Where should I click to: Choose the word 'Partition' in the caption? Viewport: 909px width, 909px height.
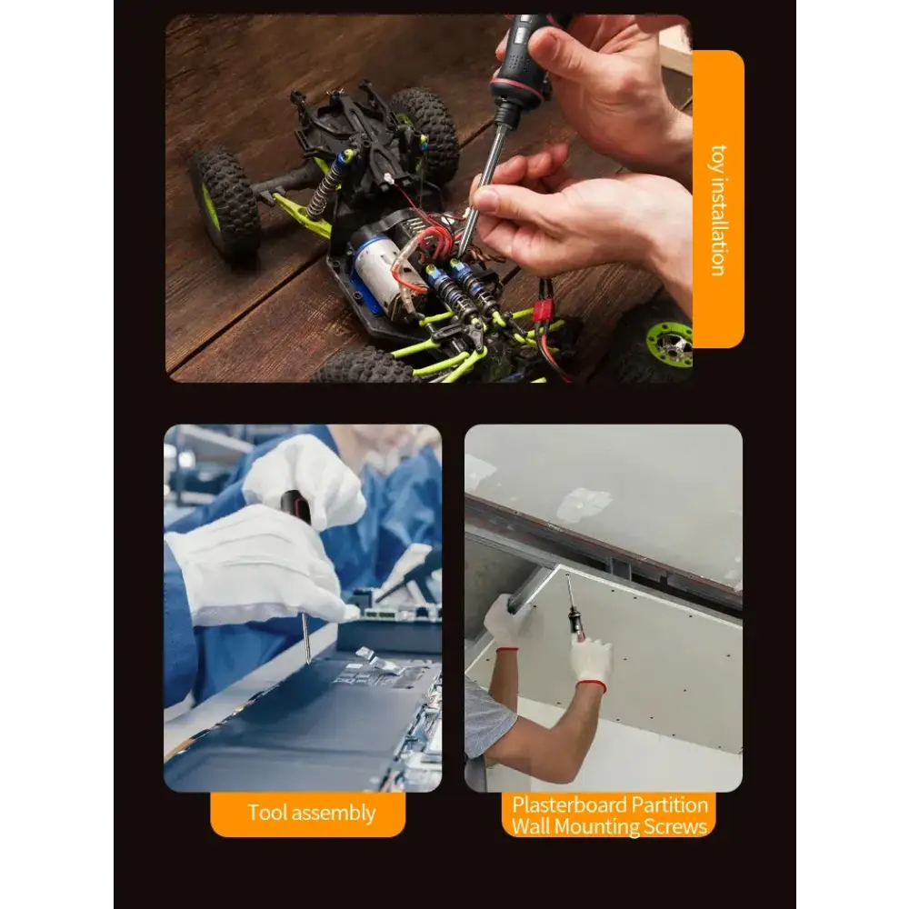(x=668, y=804)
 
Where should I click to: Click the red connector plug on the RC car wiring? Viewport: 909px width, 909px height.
(x=543, y=310)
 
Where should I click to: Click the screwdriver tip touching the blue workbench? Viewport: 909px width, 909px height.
(x=307, y=656)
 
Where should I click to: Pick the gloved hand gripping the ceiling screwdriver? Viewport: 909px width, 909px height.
(x=592, y=659)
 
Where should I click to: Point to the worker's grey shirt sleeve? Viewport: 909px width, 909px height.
(x=485, y=718)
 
